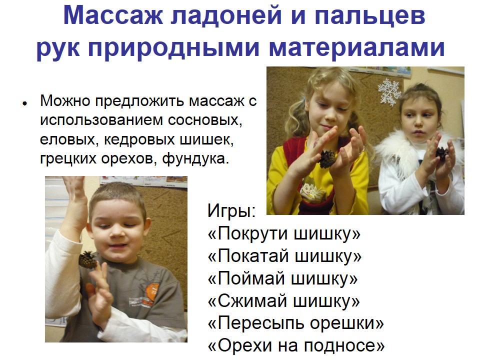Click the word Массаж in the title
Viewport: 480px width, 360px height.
point(113,15)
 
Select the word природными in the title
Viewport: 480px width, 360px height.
point(174,48)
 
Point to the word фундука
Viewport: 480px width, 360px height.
point(195,158)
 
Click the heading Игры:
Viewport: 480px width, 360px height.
point(231,211)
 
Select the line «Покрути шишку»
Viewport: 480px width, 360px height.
point(284,233)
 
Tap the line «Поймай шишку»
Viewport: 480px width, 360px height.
point(282,278)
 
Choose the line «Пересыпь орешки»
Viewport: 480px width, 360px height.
point(295,323)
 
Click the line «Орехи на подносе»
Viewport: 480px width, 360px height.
point(296,345)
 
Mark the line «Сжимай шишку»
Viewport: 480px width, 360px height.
point(284,301)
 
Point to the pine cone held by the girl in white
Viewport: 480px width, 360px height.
point(441,153)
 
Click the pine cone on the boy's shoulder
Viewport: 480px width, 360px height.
point(87,260)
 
